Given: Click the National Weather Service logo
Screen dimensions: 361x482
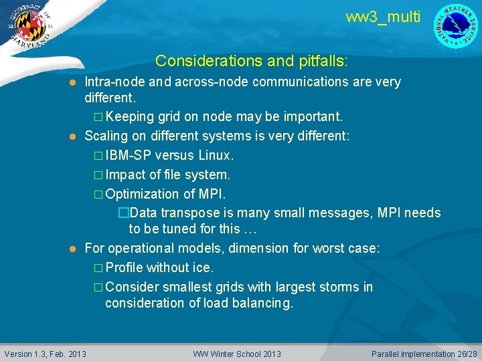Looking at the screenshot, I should click(x=457, y=26).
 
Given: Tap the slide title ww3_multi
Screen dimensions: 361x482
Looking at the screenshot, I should click(x=383, y=17).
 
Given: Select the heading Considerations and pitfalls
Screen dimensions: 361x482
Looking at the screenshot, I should click(x=251, y=61).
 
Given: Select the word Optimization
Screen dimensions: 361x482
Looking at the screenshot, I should click(x=143, y=194).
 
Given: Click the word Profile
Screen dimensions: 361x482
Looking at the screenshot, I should click(x=124, y=267).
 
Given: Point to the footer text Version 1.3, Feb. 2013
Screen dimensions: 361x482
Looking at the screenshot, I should click(x=46, y=354).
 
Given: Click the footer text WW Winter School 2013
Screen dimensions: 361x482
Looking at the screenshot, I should click(x=237, y=354).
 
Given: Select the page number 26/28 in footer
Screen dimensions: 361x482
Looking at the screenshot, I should click(x=465, y=354).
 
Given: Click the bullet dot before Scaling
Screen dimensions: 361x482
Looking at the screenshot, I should click(x=74, y=136).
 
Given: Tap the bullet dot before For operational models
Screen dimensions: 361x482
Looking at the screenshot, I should click(x=74, y=249).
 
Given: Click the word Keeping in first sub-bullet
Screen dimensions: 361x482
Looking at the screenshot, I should click(x=130, y=117).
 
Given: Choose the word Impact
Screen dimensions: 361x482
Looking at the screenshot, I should click(x=125, y=174).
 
